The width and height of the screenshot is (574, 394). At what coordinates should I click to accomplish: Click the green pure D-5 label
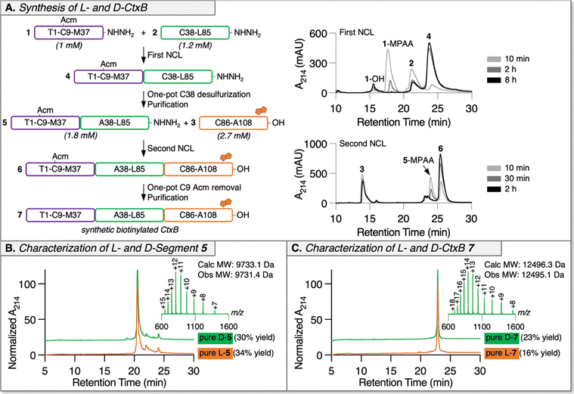coord(216,338)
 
